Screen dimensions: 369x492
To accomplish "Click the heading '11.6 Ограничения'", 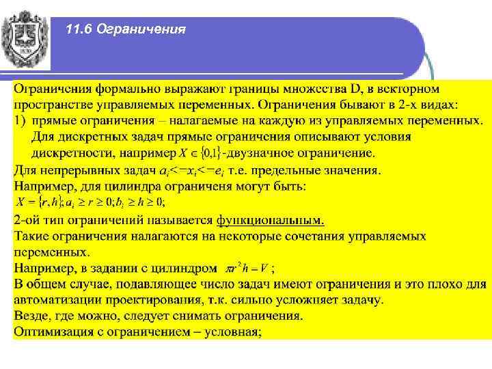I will [126, 29].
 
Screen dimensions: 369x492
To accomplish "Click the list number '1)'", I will [20, 121].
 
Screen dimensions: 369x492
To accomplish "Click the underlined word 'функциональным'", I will [271, 220].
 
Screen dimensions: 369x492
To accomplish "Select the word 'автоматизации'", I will [57, 299].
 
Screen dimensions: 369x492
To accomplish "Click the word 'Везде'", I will [33, 316].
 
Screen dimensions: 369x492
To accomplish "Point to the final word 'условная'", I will [230, 332].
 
